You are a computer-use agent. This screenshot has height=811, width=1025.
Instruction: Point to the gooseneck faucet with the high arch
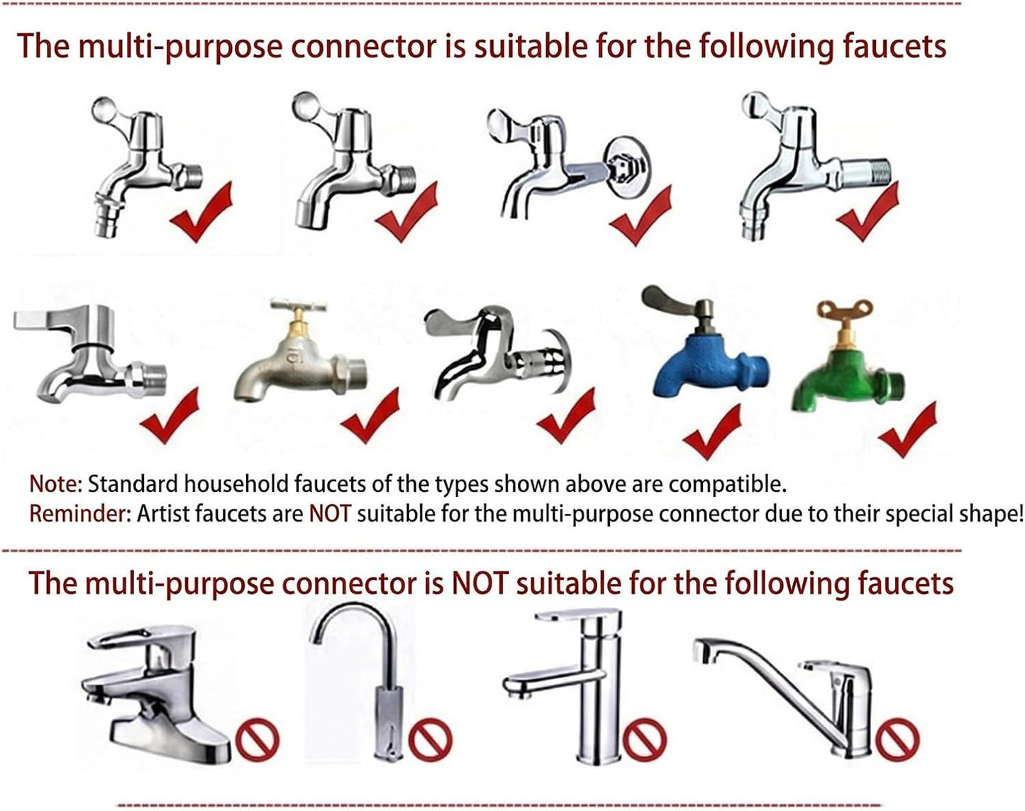coord(376,686)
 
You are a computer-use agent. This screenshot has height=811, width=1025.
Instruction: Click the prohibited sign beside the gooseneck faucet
coord(430,739)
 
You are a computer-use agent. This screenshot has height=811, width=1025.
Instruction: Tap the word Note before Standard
coord(56,484)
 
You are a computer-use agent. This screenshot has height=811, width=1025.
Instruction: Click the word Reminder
coord(79,514)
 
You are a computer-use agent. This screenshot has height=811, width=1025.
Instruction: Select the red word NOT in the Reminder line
coord(330,514)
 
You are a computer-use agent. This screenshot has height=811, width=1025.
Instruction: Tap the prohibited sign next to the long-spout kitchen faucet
coord(898,739)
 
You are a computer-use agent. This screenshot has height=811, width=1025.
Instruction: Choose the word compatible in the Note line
coord(727,484)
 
